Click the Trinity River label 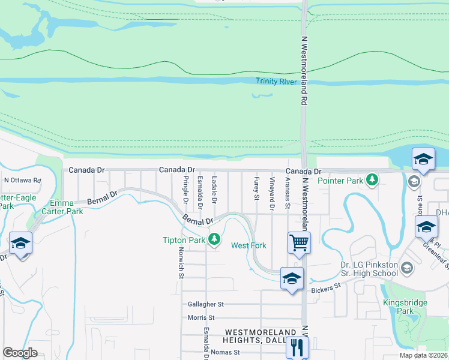pyautogui.click(x=276, y=81)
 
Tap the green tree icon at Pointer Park pyautogui.click(x=372, y=179)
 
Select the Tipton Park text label pyautogui.click(x=184, y=240)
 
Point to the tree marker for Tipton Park pyautogui.click(x=214, y=241)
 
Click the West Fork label pyautogui.click(x=249, y=245)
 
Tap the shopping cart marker pyautogui.click(x=298, y=243)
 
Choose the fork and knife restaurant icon pyautogui.click(x=297, y=346)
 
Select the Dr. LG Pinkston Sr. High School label pyautogui.click(x=360, y=269)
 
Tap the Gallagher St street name pyautogui.click(x=205, y=305)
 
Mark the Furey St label pyautogui.click(x=256, y=188)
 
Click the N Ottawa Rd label pyautogui.click(x=22, y=180)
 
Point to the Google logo pyautogui.click(x=20, y=352)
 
